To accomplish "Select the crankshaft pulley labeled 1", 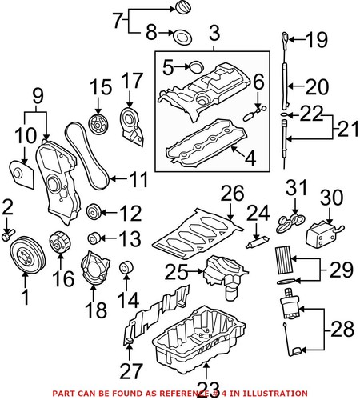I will (x=25, y=259).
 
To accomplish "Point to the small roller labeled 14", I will (x=126, y=268).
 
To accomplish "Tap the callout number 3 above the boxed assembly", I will (x=214, y=34).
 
